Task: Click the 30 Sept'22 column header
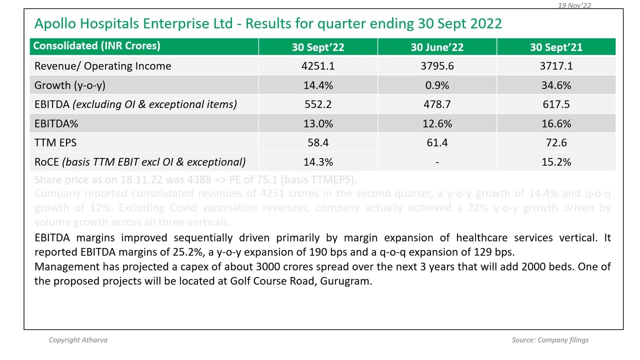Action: [x=318, y=47]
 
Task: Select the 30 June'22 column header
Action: [x=437, y=47]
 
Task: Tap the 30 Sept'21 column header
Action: [x=556, y=47]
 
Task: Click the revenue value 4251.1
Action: [x=318, y=66]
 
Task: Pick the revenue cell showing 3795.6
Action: [x=437, y=66]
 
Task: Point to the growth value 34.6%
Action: [x=556, y=85]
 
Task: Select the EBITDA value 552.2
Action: [x=318, y=104]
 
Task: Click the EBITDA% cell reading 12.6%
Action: [x=437, y=123]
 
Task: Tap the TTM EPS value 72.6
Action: [x=556, y=143]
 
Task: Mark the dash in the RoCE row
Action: [x=437, y=162]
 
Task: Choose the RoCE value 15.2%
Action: [x=556, y=162]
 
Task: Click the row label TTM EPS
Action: [x=55, y=143]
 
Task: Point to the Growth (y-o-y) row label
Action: [x=69, y=85]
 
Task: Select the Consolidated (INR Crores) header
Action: [x=96, y=46]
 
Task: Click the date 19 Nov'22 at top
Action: [x=574, y=5]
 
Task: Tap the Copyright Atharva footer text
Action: [x=78, y=340]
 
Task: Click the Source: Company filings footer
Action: [x=550, y=340]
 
